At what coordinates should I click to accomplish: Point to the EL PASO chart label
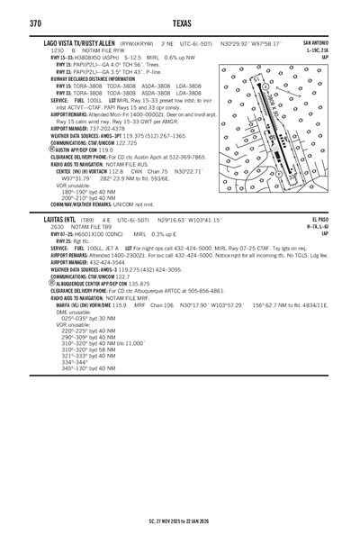320,219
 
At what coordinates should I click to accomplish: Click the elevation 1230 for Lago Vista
58,50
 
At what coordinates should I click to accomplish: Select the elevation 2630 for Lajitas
58,226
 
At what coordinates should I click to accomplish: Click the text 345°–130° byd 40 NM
88,368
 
